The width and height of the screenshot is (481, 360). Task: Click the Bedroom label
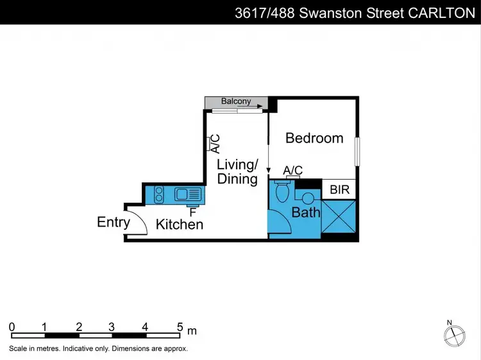point(314,138)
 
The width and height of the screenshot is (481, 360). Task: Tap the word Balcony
point(236,101)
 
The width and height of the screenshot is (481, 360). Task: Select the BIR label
point(339,190)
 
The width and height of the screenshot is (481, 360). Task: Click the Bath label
point(306,212)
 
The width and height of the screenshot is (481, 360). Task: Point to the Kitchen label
point(180,225)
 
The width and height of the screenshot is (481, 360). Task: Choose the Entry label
point(114,223)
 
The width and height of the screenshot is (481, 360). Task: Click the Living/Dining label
point(237,172)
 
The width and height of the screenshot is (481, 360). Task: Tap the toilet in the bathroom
point(282,192)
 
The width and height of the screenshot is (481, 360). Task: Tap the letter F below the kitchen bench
point(192,211)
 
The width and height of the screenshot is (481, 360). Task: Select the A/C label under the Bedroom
point(293,170)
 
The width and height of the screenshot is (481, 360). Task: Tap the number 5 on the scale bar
point(180,327)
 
